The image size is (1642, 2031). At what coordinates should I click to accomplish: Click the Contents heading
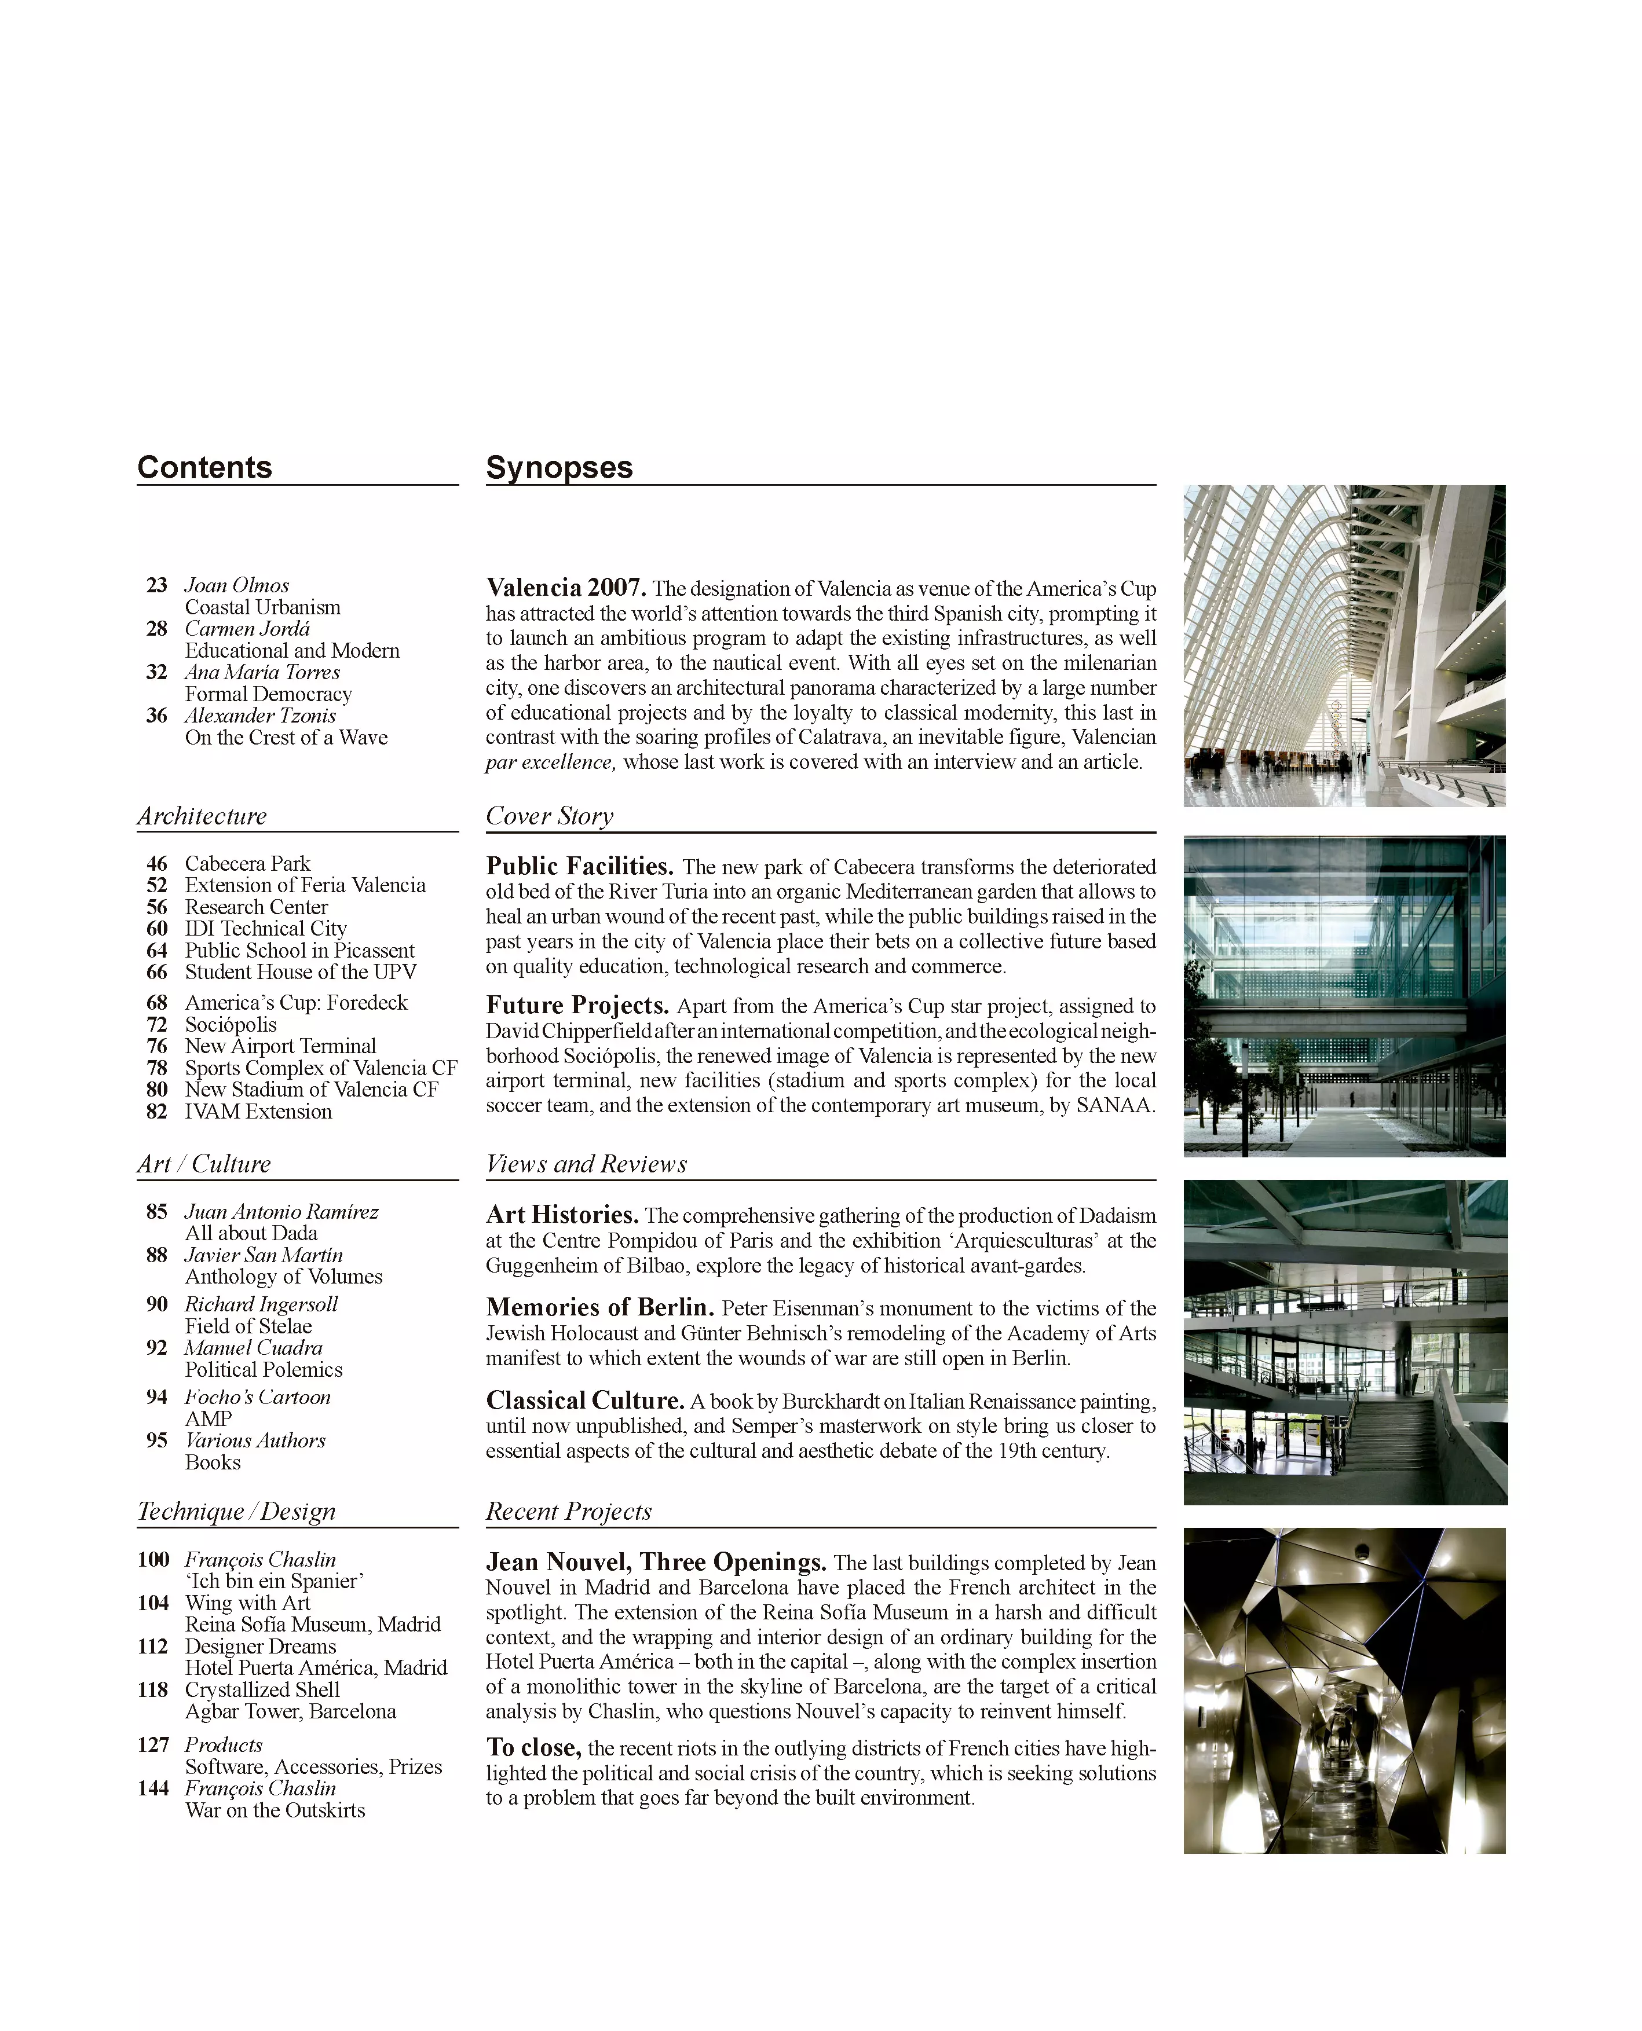tap(204, 467)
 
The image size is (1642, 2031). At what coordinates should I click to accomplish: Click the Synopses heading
tap(559, 467)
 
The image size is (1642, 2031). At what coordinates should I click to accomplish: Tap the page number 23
tap(157, 585)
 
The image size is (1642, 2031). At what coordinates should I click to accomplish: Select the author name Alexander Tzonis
tap(260, 716)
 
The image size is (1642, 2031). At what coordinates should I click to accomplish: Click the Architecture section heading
tap(202, 816)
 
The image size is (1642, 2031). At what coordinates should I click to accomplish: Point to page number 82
tap(157, 1112)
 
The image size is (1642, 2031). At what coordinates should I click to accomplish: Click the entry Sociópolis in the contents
tap(231, 1025)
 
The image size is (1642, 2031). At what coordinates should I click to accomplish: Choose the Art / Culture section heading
tap(203, 1164)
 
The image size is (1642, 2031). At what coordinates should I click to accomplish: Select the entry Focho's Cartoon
tap(257, 1398)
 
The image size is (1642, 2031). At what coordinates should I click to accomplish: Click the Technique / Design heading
tap(236, 1511)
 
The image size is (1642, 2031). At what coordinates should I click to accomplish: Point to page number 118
tap(153, 1689)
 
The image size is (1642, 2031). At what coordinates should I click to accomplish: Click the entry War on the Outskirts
tap(275, 1810)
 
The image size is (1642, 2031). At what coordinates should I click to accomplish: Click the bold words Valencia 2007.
tap(566, 588)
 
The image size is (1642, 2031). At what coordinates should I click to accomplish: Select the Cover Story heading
tap(550, 816)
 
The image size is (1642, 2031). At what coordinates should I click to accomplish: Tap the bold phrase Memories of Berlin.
tap(599, 1308)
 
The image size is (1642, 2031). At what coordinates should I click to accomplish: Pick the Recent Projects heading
tap(568, 1511)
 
